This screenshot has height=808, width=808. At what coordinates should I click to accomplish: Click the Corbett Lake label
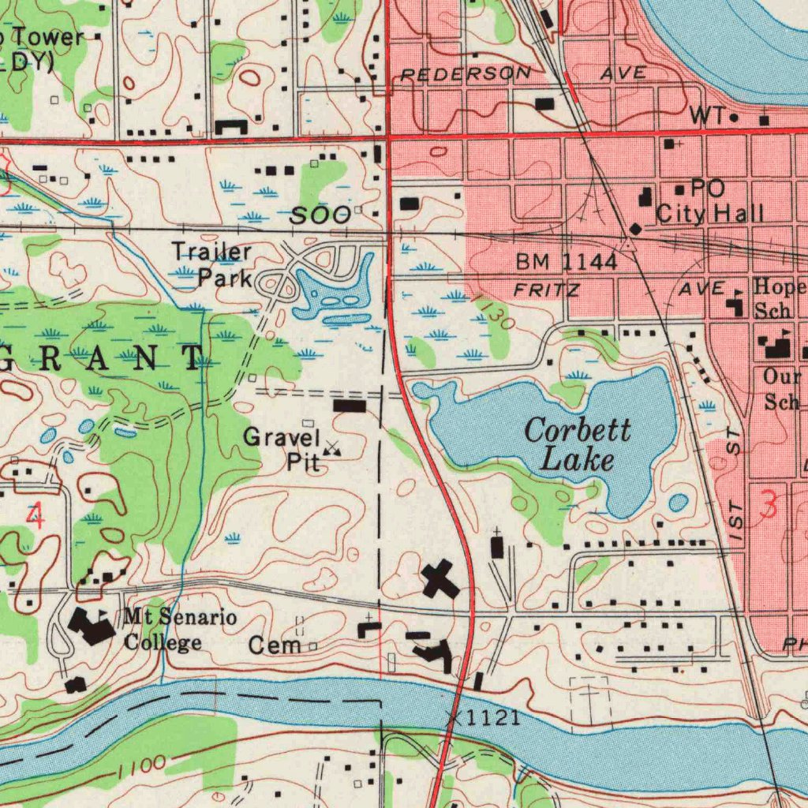[x=578, y=444]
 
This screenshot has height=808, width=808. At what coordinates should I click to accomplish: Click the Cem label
[x=275, y=645]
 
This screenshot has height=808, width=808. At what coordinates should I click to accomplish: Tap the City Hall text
[x=709, y=213]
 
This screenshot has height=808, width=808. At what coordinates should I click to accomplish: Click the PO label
[x=707, y=188]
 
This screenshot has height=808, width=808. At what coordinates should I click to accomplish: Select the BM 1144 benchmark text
[x=567, y=262]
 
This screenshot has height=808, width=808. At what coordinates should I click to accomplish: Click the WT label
[x=705, y=115]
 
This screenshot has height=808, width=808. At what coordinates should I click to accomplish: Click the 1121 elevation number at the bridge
[x=492, y=717]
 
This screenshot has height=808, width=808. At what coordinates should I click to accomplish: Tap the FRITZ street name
[x=546, y=290]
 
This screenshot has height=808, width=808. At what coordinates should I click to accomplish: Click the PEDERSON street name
[x=466, y=74]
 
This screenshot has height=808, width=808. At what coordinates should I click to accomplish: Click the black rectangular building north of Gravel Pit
[x=350, y=406]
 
